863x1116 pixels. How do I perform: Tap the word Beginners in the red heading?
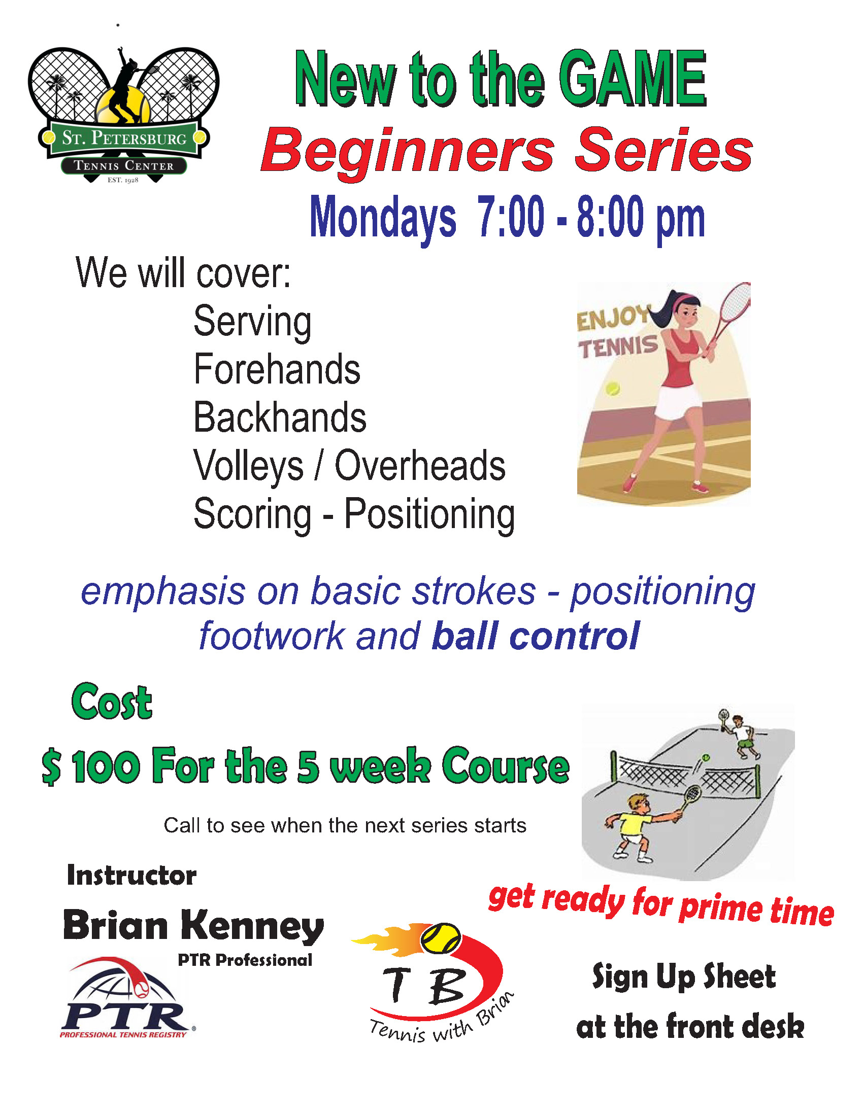tap(408, 151)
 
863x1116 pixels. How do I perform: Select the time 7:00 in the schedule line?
tap(510, 217)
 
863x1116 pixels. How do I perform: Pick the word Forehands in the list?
tap(277, 369)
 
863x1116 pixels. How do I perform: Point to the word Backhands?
tap(280, 417)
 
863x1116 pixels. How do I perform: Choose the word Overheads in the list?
tap(420, 466)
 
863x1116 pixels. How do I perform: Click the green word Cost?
tap(112, 702)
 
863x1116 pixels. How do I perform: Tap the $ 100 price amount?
tap(91, 766)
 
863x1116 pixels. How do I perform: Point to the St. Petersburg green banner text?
tap(124, 138)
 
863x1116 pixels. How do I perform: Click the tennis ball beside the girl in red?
tap(612, 389)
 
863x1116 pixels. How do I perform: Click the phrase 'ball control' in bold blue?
tap(535, 636)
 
